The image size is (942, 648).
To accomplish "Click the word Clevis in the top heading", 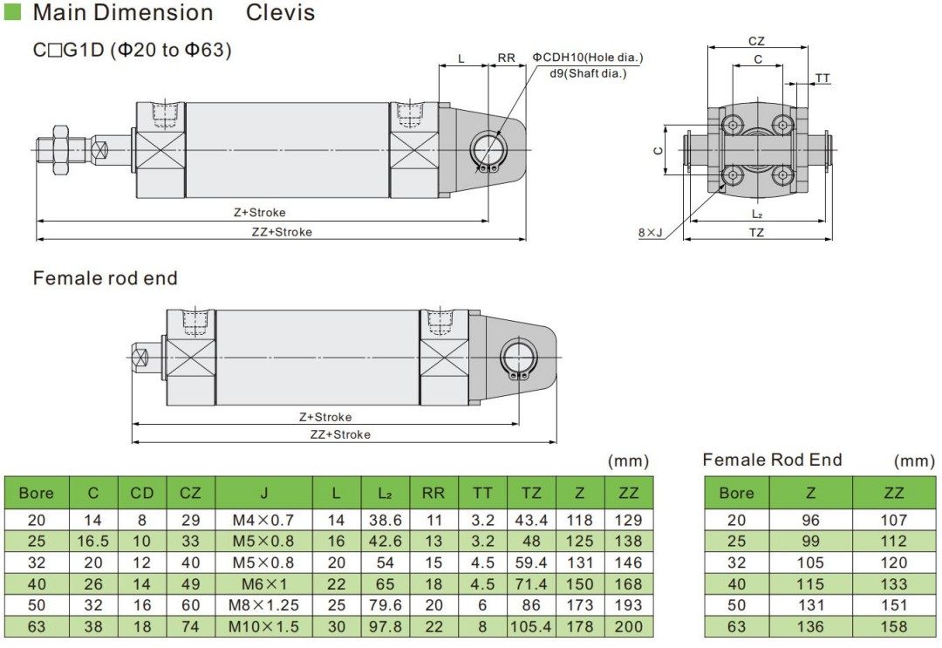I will click(x=280, y=13).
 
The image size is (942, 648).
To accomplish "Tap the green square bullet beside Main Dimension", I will click(x=12, y=12).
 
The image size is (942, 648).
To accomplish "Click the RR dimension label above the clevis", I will click(x=506, y=58).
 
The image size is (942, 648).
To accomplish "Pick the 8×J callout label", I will click(x=650, y=232).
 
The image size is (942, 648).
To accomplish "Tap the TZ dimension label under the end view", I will click(x=756, y=233).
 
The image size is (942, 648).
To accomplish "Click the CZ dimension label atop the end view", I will click(x=757, y=41).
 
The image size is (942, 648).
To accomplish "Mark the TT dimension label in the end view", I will click(x=823, y=78).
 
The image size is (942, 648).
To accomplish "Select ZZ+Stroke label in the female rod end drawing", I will click(x=340, y=434).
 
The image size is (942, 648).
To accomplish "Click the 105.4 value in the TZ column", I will click(x=531, y=626).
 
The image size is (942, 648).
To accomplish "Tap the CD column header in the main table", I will click(x=141, y=493).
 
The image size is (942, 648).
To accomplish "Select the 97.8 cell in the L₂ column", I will click(x=385, y=626).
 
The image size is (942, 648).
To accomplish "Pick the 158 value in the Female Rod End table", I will click(x=893, y=626).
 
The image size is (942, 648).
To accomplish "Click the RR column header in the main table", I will click(x=433, y=493).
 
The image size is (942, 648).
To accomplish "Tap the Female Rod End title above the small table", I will click(x=772, y=460).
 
